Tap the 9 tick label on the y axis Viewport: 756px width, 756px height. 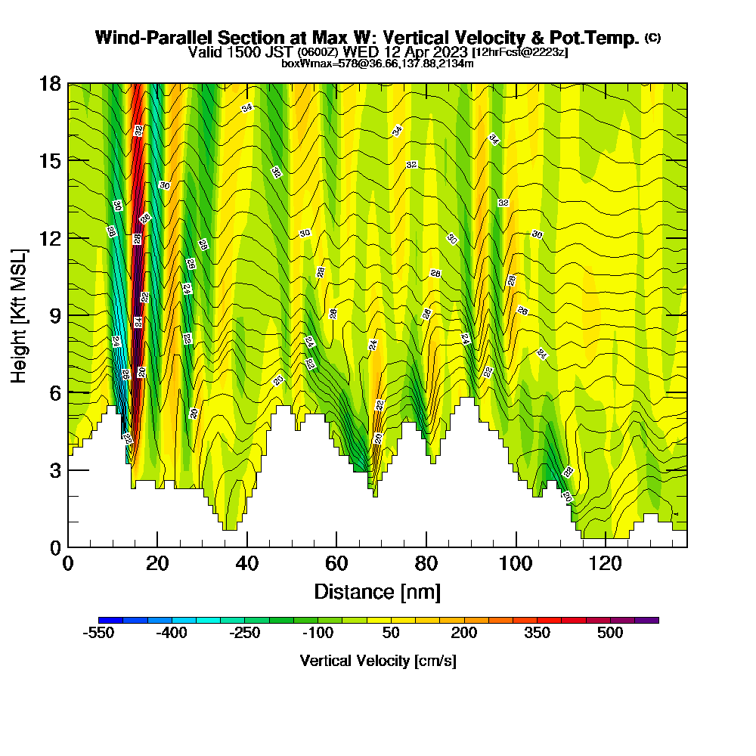point(54,315)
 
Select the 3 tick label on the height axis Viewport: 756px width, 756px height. point(54,470)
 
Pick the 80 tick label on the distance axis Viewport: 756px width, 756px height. point(426,564)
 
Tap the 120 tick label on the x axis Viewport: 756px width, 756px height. point(606,564)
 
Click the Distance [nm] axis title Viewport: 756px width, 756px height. point(376,591)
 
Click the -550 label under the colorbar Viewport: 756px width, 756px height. point(98,634)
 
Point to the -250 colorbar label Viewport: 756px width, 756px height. point(245,634)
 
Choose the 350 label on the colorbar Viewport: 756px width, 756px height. point(538,634)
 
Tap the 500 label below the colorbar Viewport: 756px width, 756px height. point(610,634)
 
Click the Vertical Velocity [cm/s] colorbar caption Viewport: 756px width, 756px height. point(377,661)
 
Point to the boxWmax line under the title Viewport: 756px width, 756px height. point(377,64)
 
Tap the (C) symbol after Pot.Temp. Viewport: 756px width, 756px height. point(653,37)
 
